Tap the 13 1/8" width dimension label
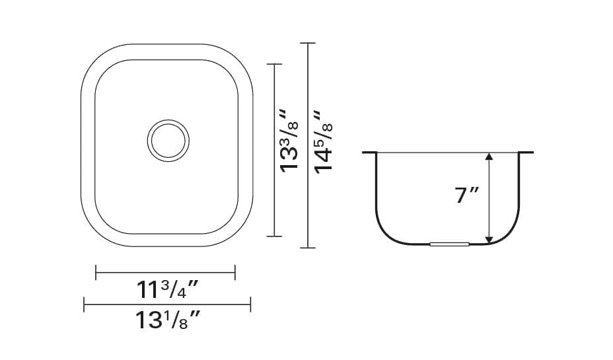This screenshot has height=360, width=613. point(168,320)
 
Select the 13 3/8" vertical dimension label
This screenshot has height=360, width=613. point(289,141)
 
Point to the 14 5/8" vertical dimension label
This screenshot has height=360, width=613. point(323,142)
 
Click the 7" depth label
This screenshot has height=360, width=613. point(467,195)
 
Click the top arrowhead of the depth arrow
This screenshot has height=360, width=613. point(489,157)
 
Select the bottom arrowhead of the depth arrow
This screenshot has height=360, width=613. point(489,240)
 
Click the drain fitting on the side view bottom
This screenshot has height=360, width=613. point(449,244)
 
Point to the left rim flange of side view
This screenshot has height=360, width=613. point(369,153)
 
